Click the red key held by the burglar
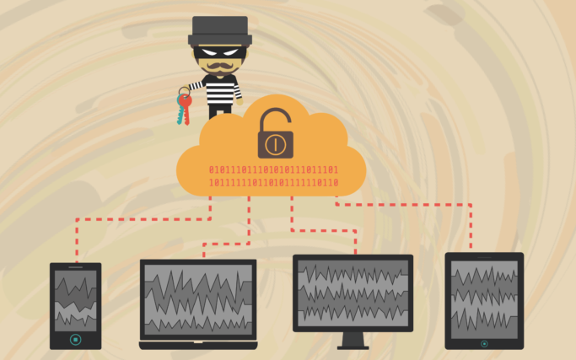[186, 100]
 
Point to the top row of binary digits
[272, 169]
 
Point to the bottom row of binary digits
[272, 182]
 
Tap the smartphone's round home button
[75, 339]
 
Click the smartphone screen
[75, 300]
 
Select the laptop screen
[198, 299]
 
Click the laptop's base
[198, 344]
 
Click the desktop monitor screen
[353, 293]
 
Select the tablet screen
[484, 298]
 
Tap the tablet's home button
[484, 343]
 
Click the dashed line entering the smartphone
[76, 244]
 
